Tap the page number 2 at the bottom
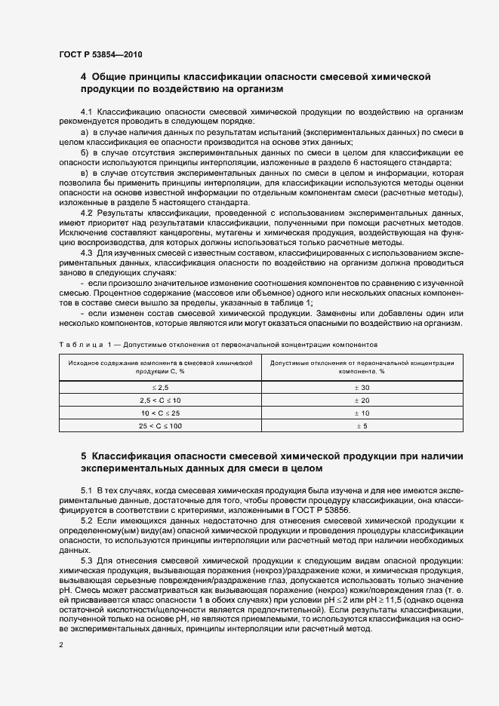(x=61, y=645)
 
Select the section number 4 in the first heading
(x=84, y=77)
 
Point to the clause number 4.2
(x=85, y=213)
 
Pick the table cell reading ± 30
(x=362, y=386)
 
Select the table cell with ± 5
(x=362, y=426)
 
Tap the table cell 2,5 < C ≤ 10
(x=161, y=400)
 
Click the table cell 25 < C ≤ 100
(x=161, y=426)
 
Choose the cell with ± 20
(x=362, y=400)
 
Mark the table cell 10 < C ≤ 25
(x=161, y=413)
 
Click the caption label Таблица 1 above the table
(x=83, y=344)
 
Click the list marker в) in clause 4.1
(x=85, y=173)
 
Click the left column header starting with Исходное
(x=161, y=367)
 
